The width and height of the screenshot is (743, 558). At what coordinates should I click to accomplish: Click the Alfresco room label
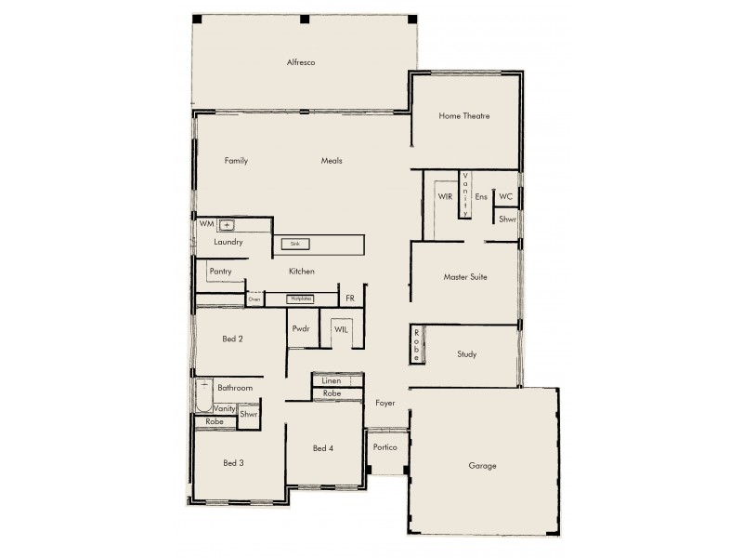(x=302, y=62)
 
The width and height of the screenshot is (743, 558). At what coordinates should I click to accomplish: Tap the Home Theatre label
(x=464, y=116)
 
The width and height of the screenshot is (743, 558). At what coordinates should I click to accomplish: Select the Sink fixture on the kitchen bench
(x=296, y=244)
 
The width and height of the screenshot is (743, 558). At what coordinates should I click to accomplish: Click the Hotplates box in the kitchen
(x=300, y=299)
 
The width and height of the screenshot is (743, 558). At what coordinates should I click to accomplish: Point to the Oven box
(x=254, y=299)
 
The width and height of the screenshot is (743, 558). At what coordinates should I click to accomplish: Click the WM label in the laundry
(x=205, y=224)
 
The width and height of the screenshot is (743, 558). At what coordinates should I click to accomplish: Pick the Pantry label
(x=220, y=272)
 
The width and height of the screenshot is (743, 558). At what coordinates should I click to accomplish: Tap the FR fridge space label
(x=350, y=299)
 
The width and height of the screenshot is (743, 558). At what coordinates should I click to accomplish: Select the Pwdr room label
(x=301, y=329)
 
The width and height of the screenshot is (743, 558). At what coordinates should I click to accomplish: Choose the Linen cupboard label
(x=331, y=381)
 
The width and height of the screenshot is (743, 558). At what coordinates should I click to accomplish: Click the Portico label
(x=385, y=447)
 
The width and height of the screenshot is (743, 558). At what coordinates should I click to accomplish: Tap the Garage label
(x=482, y=465)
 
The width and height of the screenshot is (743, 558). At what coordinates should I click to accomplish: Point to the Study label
(x=467, y=354)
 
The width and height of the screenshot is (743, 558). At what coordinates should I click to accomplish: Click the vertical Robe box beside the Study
(x=418, y=345)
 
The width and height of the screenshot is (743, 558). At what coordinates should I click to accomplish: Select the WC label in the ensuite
(x=505, y=197)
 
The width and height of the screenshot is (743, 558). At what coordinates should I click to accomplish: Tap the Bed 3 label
(x=233, y=462)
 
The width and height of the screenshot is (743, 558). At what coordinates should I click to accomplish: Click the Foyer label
(x=385, y=404)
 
